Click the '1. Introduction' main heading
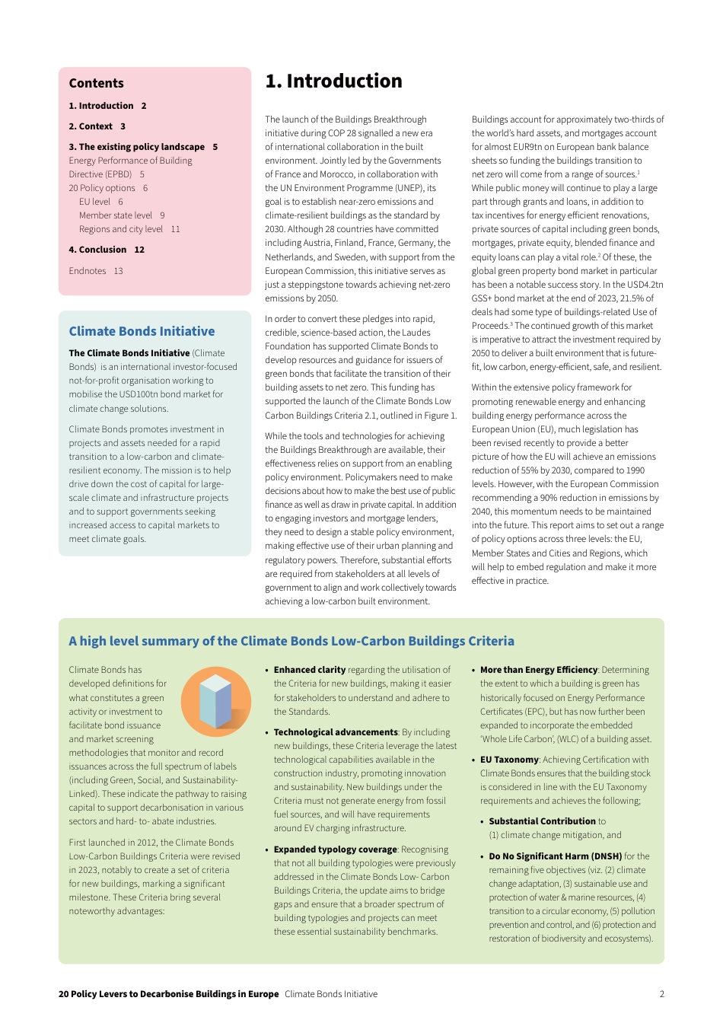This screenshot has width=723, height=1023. (x=333, y=81)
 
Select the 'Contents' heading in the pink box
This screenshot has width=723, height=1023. (x=96, y=84)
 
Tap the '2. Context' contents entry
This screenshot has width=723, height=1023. (x=91, y=126)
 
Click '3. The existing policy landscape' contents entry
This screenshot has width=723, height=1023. (x=136, y=147)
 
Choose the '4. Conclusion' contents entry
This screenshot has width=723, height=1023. (x=97, y=250)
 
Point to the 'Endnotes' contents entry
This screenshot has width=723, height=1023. (x=88, y=271)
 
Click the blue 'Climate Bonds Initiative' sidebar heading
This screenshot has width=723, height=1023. (x=142, y=332)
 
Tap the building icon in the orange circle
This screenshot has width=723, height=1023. (x=215, y=702)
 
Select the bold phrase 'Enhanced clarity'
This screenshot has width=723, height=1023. (x=310, y=670)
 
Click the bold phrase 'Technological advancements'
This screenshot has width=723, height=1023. (x=336, y=732)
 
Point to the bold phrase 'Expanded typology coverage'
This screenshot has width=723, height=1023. (x=335, y=849)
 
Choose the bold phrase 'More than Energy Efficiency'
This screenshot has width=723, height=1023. (x=539, y=670)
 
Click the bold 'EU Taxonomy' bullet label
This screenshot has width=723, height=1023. (x=509, y=760)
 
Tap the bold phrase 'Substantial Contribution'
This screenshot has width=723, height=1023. (x=542, y=821)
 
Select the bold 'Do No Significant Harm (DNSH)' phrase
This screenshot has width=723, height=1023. (x=556, y=856)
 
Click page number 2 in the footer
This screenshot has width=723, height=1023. (x=661, y=994)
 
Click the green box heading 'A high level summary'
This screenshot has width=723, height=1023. (x=291, y=641)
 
